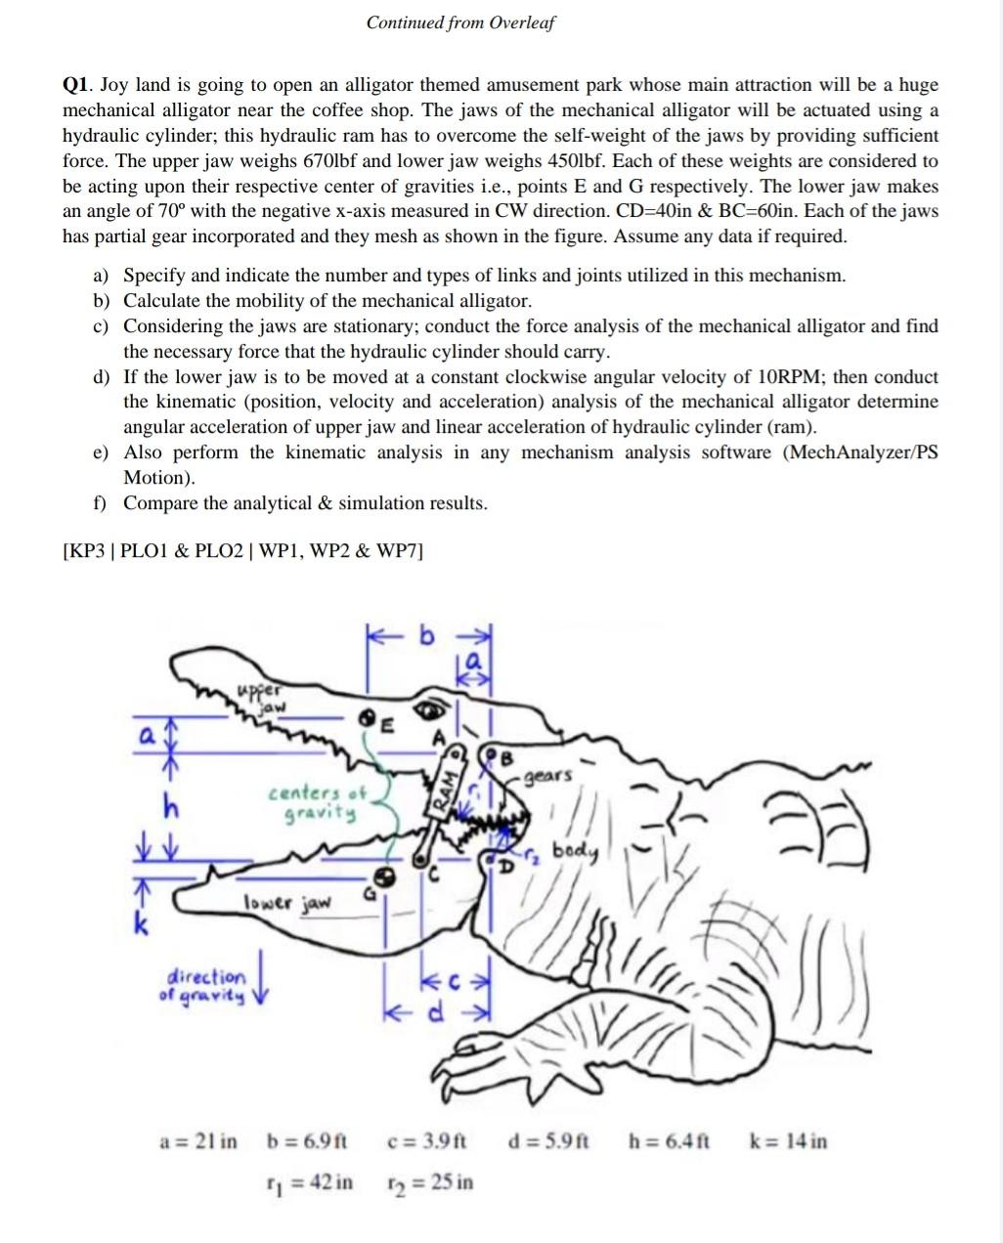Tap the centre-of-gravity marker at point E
click(x=371, y=716)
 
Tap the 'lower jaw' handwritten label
click(x=287, y=902)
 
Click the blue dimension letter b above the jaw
click(x=425, y=636)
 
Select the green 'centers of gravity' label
click(x=315, y=802)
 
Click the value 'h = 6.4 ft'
click(x=669, y=1140)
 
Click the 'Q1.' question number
click(x=78, y=85)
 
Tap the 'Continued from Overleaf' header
click(x=460, y=22)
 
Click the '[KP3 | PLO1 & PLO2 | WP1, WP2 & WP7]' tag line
click(x=242, y=550)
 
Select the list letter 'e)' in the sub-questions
click(x=101, y=452)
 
